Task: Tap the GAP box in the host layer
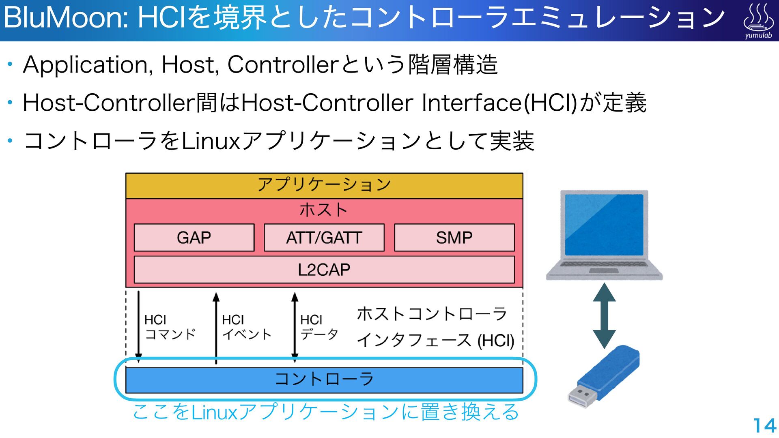[x=194, y=238]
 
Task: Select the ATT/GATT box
[x=324, y=238]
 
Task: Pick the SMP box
[x=454, y=238]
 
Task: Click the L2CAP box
[x=324, y=270]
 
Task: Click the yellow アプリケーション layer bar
[x=324, y=185]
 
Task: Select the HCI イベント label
[x=246, y=327]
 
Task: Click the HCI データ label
[x=319, y=327]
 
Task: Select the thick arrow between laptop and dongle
[x=604, y=316]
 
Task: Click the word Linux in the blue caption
[x=214, y=412]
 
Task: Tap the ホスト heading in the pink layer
[x=323, y=210]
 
